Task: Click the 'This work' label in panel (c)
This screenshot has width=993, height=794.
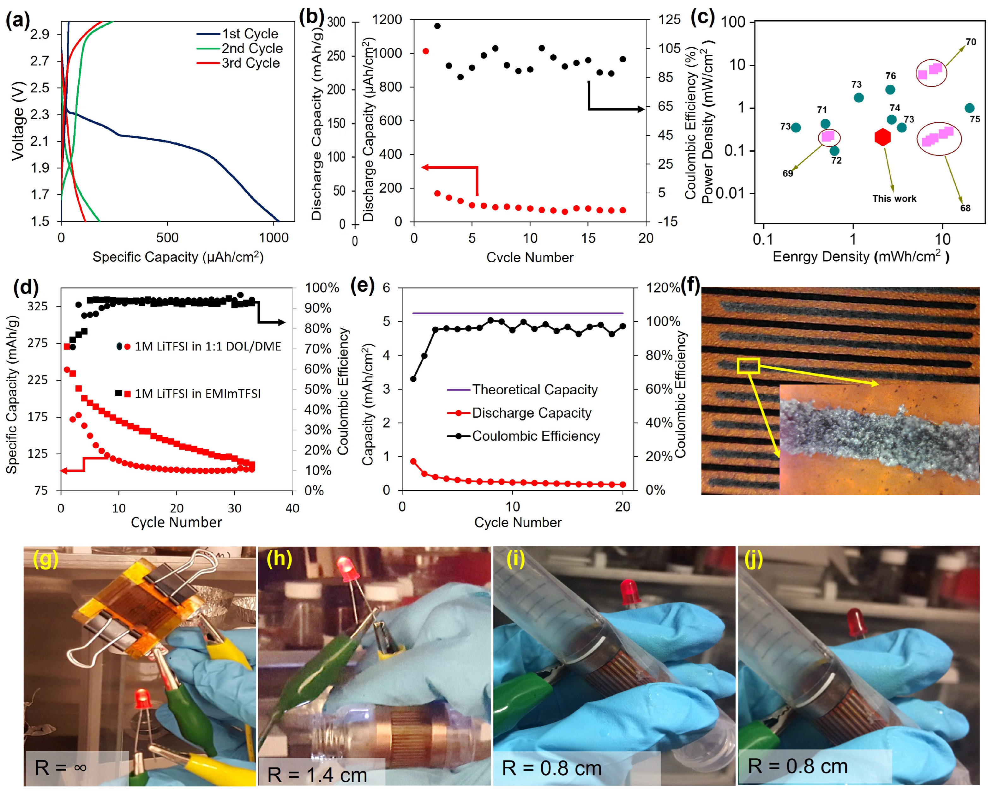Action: point(894,199)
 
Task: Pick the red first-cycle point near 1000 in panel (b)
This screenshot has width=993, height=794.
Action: point(425,51)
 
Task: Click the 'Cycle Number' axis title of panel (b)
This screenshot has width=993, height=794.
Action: point(530,257)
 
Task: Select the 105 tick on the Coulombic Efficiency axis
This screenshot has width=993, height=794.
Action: point(669,48)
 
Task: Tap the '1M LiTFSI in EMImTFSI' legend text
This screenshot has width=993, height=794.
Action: point(198,394)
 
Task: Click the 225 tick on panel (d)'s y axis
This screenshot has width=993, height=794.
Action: point(39,380)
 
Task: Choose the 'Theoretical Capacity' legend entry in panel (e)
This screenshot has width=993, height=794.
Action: point(534,390)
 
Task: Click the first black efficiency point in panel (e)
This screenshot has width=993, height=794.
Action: point(413,379)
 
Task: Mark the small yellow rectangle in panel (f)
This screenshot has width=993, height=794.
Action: point(748,366)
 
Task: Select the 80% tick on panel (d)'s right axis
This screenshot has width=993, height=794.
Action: point(317,329)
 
